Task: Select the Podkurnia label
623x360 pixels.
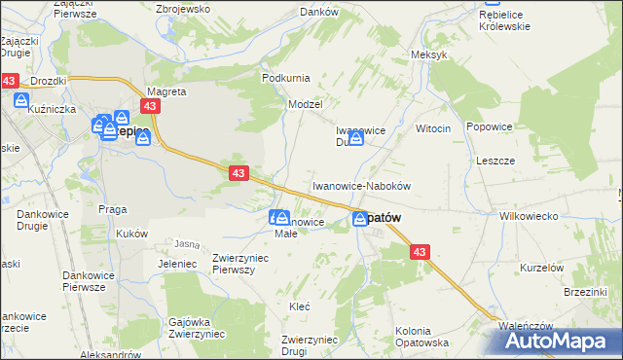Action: [x=284, y=77]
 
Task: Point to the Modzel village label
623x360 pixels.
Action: [x=305, y=102]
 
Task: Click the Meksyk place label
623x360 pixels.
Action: [x=429, y=54]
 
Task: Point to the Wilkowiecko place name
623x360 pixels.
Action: [x=528, y=216]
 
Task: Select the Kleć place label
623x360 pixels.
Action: [x=300, y=306]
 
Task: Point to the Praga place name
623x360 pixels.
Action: [x=113, y=208]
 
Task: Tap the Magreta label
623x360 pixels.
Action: [x=165, y=91]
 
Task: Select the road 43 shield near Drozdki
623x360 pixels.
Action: [x=10, y=81]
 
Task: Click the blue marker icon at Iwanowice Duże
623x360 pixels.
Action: [x=356, y=139]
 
